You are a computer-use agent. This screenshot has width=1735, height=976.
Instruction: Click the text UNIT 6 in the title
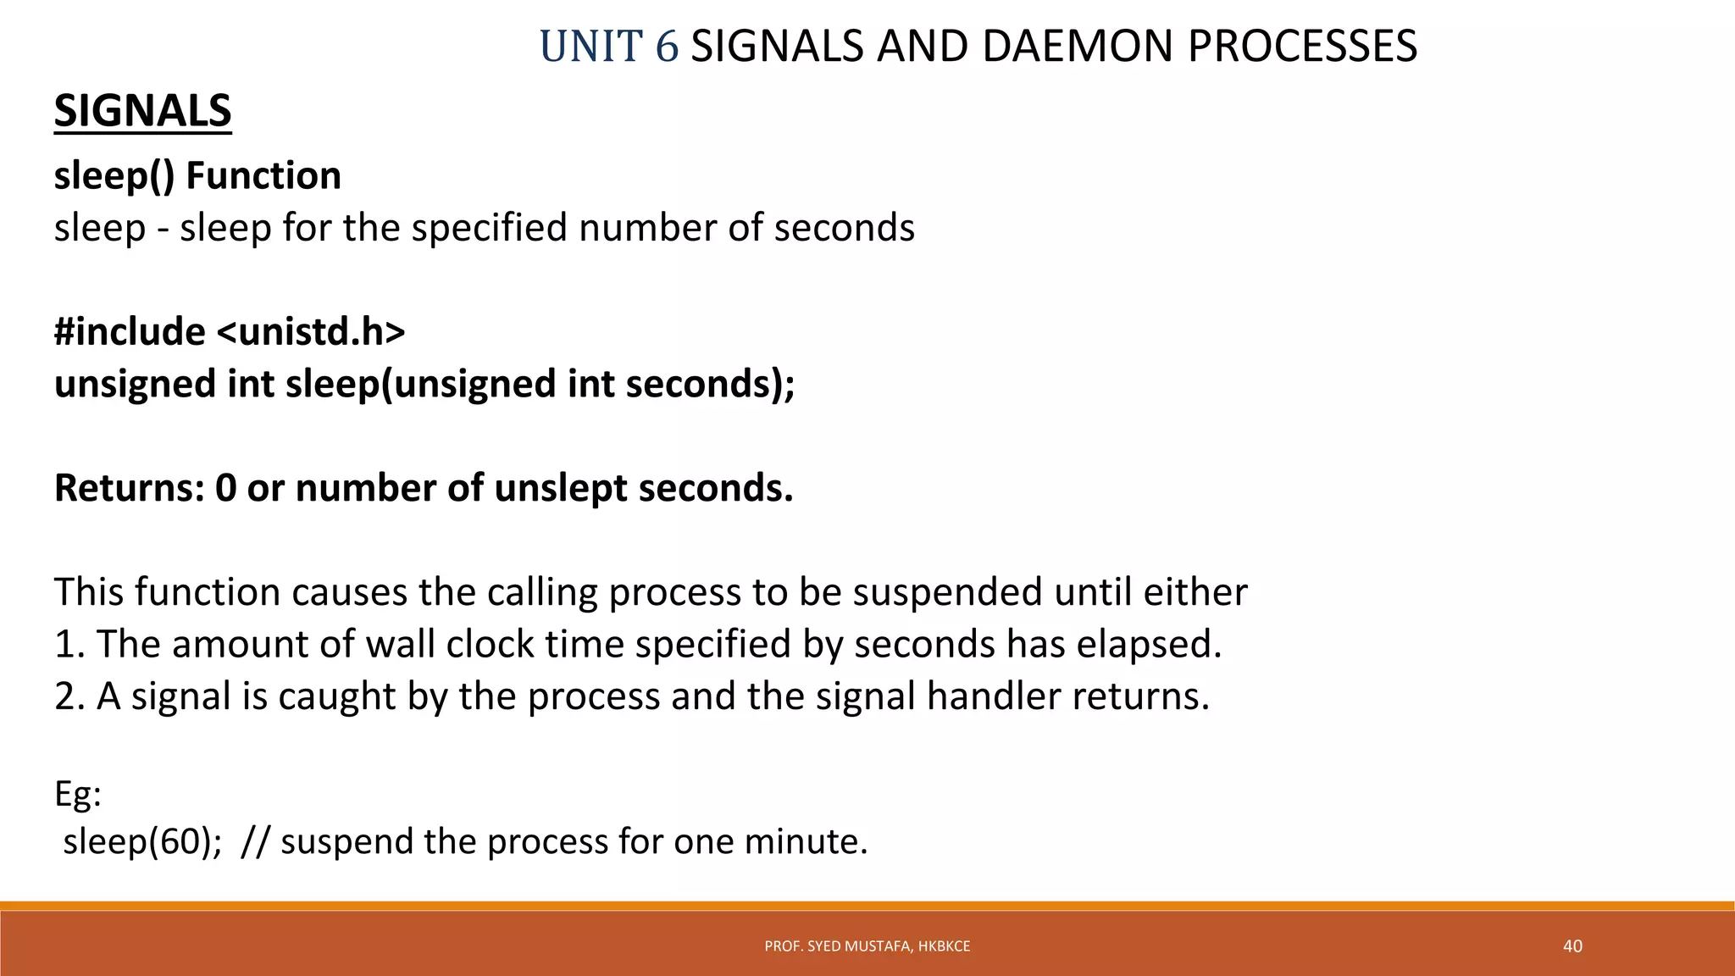pos(608,47)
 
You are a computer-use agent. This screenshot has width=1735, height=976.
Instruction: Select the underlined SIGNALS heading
pos(142,111)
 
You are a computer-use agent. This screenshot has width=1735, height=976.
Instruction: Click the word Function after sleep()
pos(263,176)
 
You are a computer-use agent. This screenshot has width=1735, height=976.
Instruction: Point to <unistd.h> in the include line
pos(311,331)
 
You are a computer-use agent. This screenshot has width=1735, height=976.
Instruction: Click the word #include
pos(130,331)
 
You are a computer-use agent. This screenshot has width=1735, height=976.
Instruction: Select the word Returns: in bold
pos(129,488)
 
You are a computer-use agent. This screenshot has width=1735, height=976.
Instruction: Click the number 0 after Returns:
pos(225,488)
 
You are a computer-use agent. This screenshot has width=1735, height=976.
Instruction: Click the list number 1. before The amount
pos(69,644)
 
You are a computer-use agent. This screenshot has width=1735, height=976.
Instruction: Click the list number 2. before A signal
pos(69,696)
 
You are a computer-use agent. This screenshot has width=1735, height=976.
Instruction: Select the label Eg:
pos(77,794)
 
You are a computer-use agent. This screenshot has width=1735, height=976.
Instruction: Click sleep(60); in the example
pos(142,841)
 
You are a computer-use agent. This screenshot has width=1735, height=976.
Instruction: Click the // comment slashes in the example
pos(255,841)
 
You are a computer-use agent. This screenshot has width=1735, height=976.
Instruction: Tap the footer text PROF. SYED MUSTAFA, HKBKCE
pos(867,946)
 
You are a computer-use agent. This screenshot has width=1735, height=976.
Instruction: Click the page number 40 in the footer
pos(1571,946)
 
